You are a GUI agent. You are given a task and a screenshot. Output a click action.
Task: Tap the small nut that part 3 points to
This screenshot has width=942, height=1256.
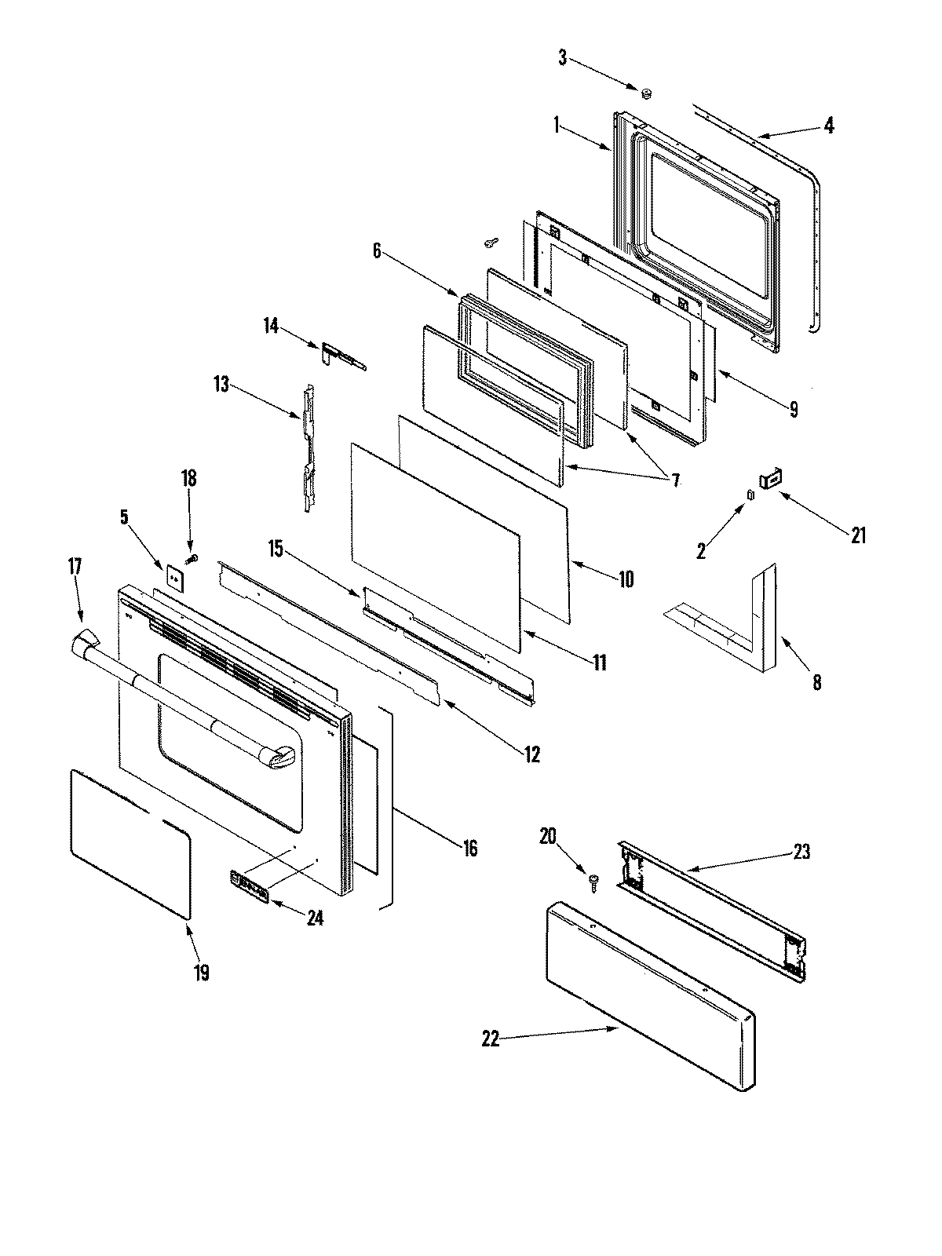point(648,94)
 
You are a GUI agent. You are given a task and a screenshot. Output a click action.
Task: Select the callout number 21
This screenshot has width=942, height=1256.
point(858,535)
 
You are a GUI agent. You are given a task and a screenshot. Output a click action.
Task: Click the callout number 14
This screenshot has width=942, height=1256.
point(271,325)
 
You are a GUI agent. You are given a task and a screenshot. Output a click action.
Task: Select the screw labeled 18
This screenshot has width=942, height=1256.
point(192,559)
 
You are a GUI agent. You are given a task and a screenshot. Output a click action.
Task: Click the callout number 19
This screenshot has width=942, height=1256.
point(202,973)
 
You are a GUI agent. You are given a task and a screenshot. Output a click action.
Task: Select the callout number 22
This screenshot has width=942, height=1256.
point(491,1039)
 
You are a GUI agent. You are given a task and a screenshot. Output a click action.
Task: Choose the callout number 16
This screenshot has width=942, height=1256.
point(469,849)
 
